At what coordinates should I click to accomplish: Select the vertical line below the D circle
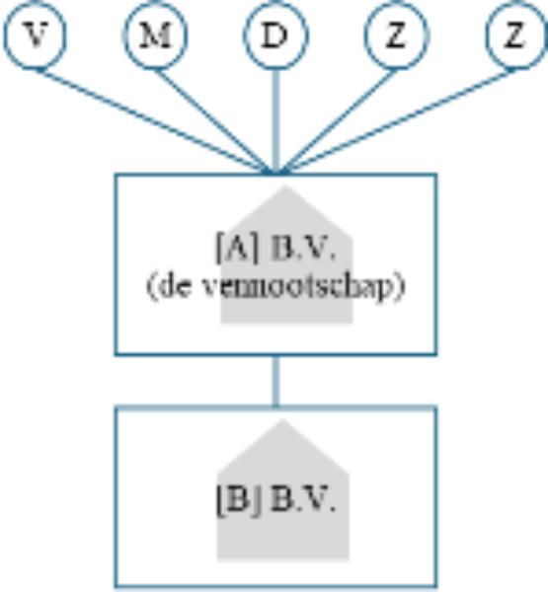pyautogui.click(x=276, y=121)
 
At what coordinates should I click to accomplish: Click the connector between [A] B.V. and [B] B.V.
pyautogui.click(x=276, y=381)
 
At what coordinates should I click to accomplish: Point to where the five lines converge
pyautogui.click(x=276, y=173)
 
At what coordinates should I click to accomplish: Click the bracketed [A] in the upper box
pyautogui.click(x=237, y=248)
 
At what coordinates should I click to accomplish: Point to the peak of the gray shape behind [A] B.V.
pyautogui.click(x=285, y=185)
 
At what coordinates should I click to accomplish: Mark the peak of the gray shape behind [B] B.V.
pyautogui.click(x=282, y=420)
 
